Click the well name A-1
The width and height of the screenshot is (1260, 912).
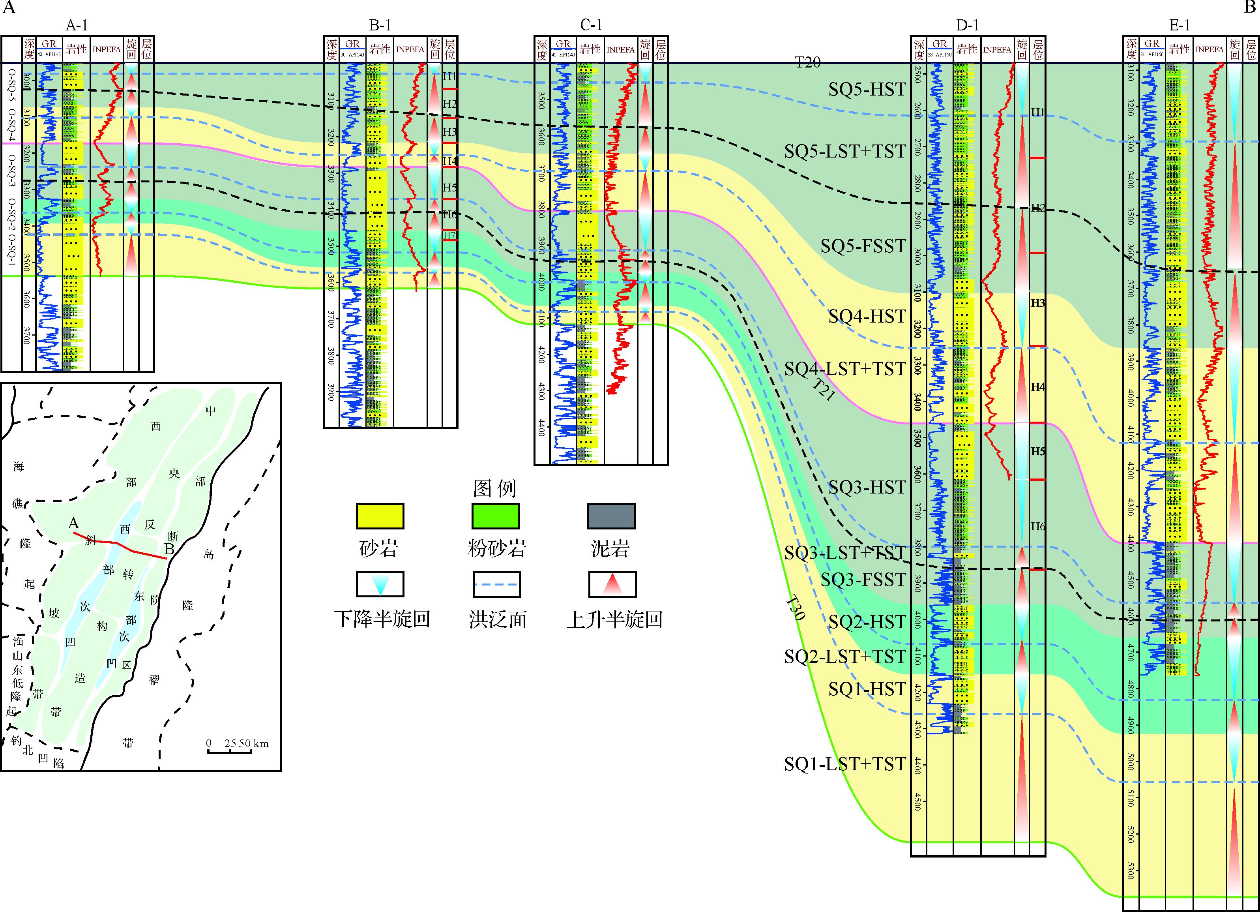77,25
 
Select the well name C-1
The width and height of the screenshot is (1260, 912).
591,25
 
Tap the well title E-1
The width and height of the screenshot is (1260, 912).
1179,25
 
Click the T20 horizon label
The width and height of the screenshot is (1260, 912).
807,62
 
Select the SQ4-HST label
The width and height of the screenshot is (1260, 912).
867,316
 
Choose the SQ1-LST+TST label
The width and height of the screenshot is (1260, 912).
844,764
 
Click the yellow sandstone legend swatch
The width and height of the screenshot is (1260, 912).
380,516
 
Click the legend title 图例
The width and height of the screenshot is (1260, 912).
494,488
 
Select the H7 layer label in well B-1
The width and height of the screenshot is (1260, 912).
449,235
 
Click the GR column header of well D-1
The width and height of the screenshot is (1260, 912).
940,44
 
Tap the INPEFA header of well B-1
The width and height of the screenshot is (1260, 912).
410,49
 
